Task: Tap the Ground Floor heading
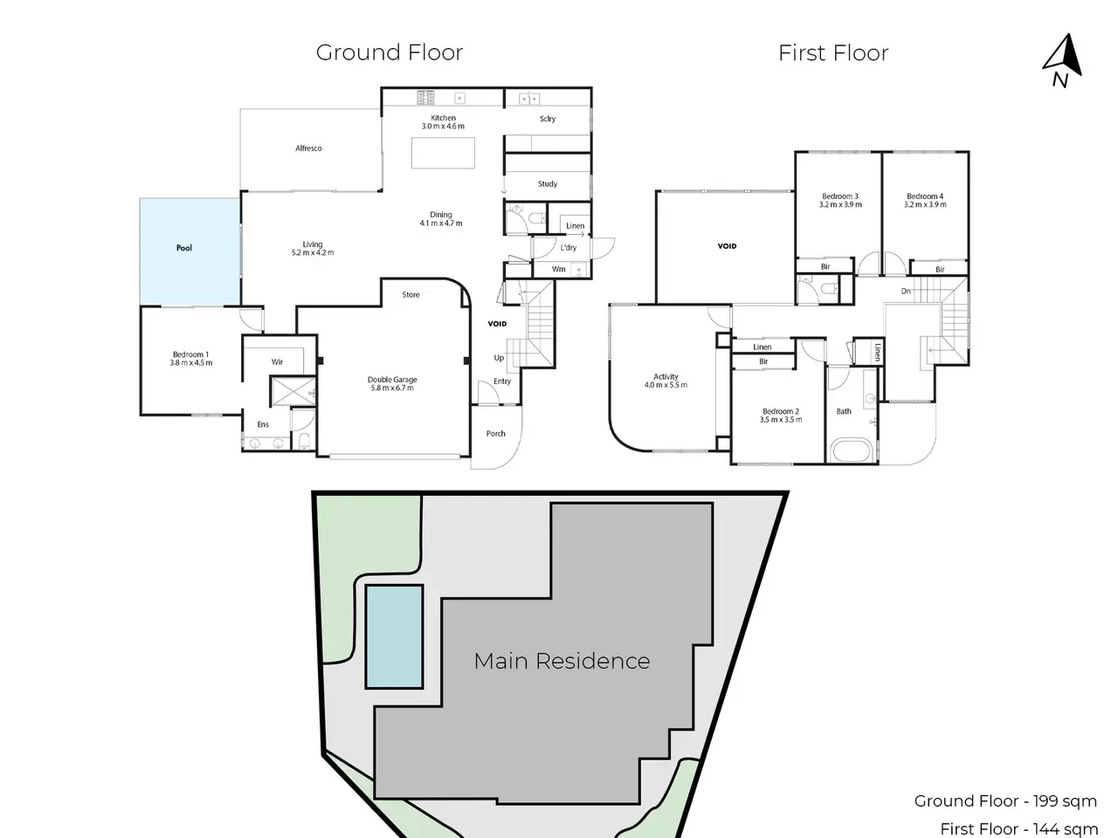point(390,52)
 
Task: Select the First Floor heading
point(833,53)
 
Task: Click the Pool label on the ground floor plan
point(184,248)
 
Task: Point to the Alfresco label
point(308,148)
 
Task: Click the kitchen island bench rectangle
point(443,153)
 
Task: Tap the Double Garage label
point(392,380)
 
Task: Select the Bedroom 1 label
point(191,354)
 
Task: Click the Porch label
point(495,434)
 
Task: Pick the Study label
point(548,183)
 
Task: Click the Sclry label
point(548,119)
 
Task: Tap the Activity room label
point(666,376)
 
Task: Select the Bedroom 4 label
point(925,196)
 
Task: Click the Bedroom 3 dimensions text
point(840,204)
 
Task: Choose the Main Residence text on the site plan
point(562,661)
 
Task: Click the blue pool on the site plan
point(394,636)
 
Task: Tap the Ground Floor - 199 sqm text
point(1005,800)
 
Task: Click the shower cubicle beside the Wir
point(293,391)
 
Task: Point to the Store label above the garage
point(411,294)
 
